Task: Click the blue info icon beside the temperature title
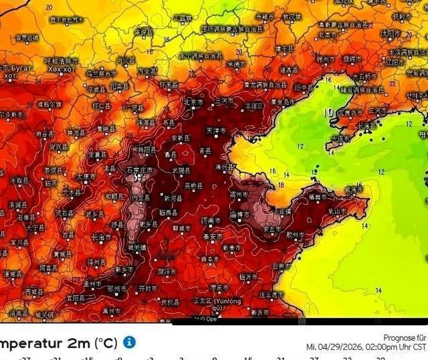click(x=129, y=342)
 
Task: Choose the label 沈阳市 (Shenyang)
click(x=390, y=33)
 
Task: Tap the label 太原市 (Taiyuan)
click(x=86, y=177)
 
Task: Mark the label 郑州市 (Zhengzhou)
click(x=118, y=289)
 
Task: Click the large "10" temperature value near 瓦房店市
click(x=329, y=112)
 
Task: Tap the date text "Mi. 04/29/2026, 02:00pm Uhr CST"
click(x=366, y=347)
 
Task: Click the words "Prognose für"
click(x=405, y=338)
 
